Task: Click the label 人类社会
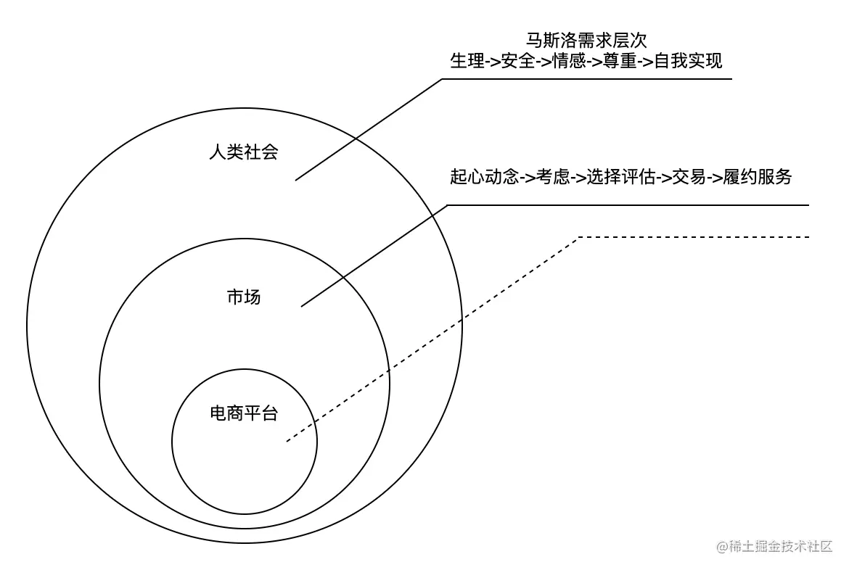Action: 243,152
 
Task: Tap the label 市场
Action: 243,297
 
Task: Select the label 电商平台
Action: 244,414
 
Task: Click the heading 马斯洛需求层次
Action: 586,40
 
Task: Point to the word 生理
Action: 467,61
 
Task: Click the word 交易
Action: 689,177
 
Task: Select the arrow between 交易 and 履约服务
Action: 714,178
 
